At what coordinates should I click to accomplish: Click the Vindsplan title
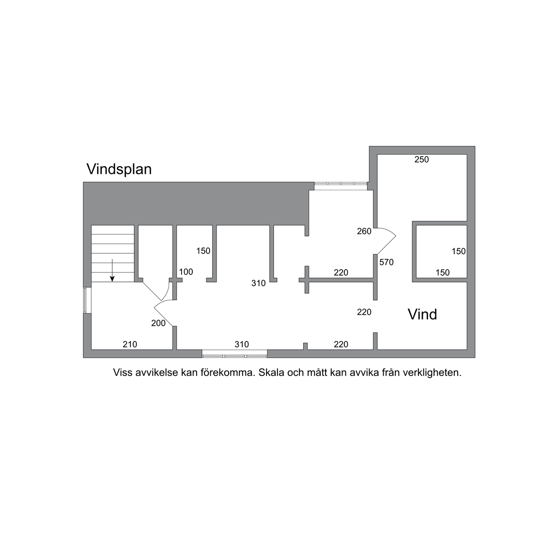[119, 170]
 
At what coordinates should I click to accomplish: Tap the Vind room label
[422, 314]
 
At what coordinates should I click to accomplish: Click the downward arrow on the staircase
[112, 270]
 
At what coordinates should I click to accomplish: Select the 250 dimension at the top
[422, 159]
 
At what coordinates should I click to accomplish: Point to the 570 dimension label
[387, 262]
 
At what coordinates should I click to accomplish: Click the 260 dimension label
[364, 232]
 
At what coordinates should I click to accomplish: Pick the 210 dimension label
[130, 344]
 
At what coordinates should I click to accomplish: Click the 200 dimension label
[158, 323]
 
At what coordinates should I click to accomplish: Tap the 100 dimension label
[186, 272]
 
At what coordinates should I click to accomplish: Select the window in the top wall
[341, 184]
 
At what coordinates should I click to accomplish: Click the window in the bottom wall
[234, 354]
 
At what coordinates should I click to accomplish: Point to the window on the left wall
[85, 300]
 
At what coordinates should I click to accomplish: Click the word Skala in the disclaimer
[270, 372]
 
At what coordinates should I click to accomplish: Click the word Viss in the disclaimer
[122, 372]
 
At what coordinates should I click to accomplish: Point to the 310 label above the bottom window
[242, 344]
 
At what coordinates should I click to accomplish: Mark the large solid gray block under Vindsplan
[196, 203]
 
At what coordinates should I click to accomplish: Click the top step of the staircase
[113, 230]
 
